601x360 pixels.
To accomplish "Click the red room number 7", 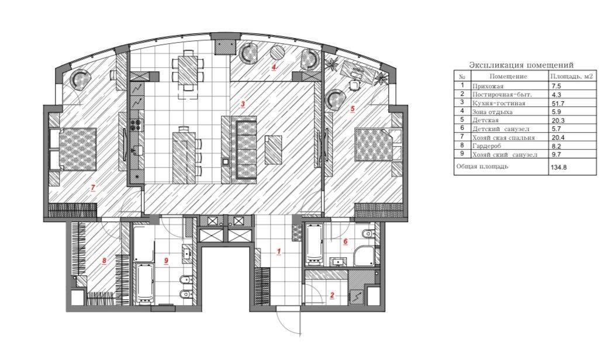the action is (x=93, y=188).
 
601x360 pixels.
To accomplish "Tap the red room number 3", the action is (x=242, y=103).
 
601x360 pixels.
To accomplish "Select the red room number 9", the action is (x=167, y=261).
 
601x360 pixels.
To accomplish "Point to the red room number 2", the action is (x=332, y=295).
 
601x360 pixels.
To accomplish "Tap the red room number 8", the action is (x=104, y=261).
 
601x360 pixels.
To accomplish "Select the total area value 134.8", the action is (x=558, y=167).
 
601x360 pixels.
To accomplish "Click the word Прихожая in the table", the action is (x=488, y=86).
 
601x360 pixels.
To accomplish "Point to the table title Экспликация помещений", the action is (x=521, y=65).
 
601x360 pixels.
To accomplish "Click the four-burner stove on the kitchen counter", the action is (x=136, y=124).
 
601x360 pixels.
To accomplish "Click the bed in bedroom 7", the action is (x=77, y=148).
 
